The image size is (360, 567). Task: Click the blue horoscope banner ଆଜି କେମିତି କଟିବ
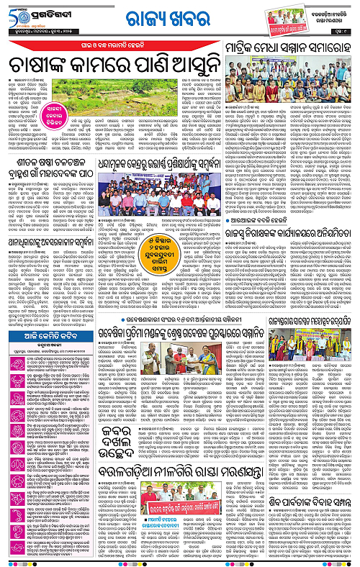click(x=45, y=335)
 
